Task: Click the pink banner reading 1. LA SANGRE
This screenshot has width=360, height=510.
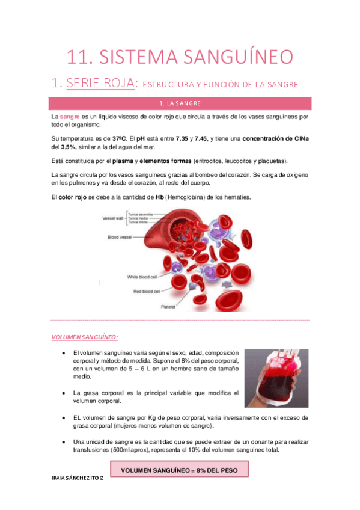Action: tap(180, 103)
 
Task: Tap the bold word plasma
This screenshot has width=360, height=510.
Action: tap(123, 161)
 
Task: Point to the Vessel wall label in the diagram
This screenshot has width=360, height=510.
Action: tap(110, 219)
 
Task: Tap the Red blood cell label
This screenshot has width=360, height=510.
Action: tap(146, 291)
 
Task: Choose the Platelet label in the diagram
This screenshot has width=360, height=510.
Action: tap(168, 306)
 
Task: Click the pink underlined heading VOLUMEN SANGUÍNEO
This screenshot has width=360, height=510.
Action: tap(84, 337)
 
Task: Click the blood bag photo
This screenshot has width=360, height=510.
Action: tap(276, 378)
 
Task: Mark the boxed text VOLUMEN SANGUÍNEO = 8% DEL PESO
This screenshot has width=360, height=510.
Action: tap(180, 469)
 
